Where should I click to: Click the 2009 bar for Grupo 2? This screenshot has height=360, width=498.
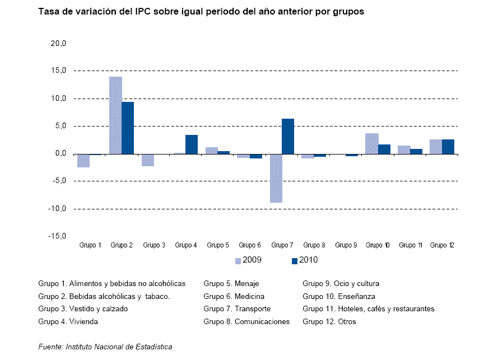coord(115,115)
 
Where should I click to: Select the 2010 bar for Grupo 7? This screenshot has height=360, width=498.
coord(288,136)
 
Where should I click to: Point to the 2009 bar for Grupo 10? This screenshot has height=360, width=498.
coord(372,143)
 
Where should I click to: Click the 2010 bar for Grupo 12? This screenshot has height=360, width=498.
coord(448,147)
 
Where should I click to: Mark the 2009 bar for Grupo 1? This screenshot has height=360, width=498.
coord(83,161)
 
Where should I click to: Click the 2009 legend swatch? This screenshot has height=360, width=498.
coord(238,260)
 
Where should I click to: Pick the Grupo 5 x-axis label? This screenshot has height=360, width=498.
coord(218,245)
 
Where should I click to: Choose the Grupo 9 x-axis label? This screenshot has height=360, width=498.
coord(346,245)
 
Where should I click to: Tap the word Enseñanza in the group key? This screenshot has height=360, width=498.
coord(357,297)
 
